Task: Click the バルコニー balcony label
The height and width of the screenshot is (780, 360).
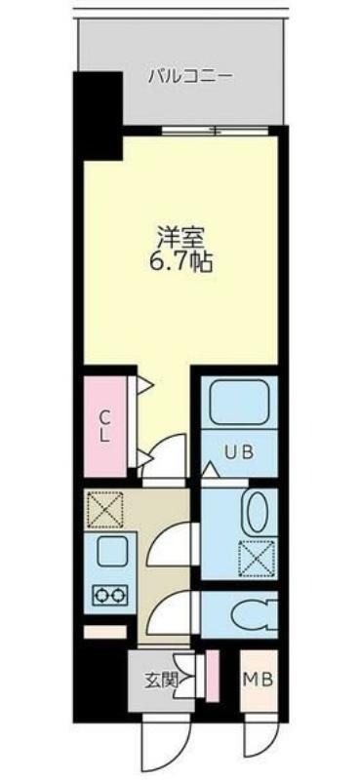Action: pyautogui.click(x=190, y=77)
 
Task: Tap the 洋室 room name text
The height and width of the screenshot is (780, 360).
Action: pyautogui.click(x=180, y=236)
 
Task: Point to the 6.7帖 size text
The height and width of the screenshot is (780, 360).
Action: pyautogui.click(x=181, y=263)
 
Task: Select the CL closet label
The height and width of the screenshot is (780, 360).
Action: pyautogui.click(x=104, y=425)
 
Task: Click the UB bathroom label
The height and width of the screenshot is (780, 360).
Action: pyautogui.click(x=239, y=452)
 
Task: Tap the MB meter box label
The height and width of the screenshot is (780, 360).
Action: pyautogui.click(x=259, y=680)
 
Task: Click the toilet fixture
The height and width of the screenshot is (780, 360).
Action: pyautogui.click(x=254, y=615)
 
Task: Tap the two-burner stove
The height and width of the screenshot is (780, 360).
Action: pyautogui.click(x=109, y=596)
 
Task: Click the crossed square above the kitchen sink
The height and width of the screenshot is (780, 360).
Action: pyautogui.click(x=104, y=509)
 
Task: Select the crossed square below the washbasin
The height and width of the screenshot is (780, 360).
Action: pyautogui.click(x=257, y=559)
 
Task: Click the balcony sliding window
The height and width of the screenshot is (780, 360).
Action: pyautogui.click(x=215, y=131)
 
